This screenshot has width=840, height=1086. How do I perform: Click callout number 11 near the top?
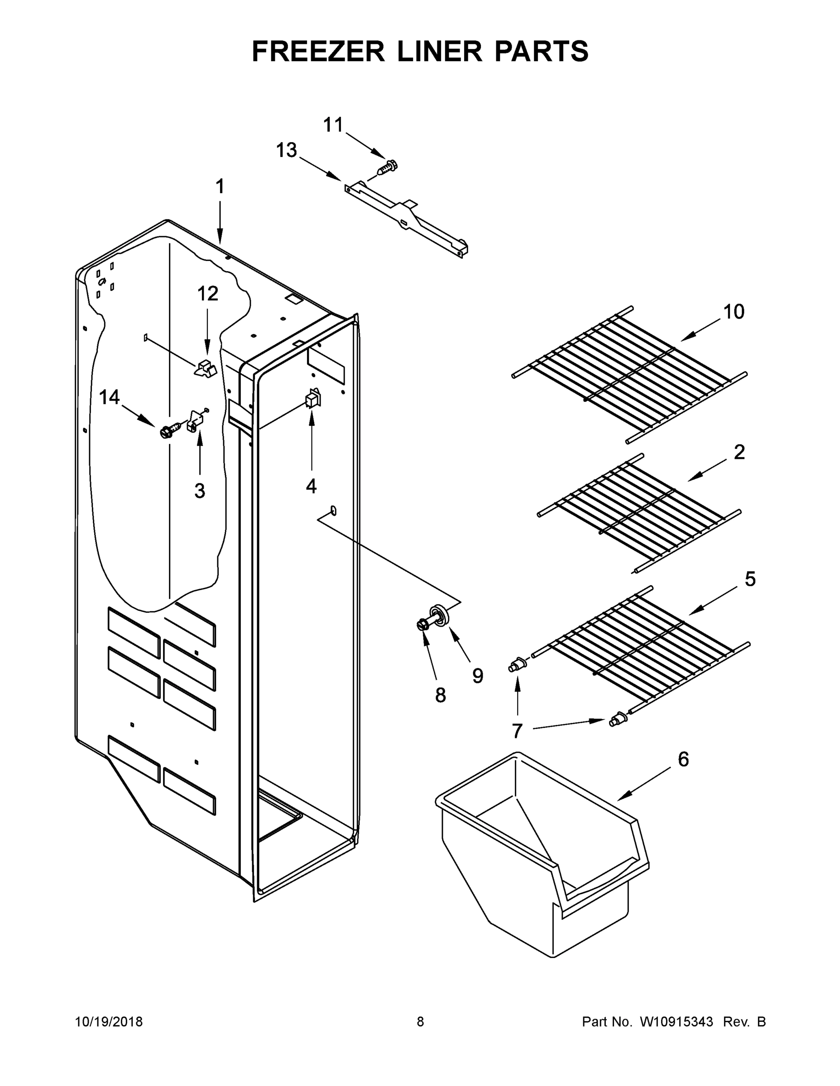pyautogui.click(x=333, y=125)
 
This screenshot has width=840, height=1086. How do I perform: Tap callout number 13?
pyautogui.click(x=287, y=150)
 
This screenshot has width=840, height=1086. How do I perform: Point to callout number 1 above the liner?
pyautogui.click(x=220, y=187)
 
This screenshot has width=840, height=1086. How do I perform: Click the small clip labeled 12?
pyautogui.click(x=206, y=369)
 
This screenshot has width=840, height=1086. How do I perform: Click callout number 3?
pyautogui.click(x=200, y=491)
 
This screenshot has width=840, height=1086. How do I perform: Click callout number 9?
pyautogui.click(x=478, y=675)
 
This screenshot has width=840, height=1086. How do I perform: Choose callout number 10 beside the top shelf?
pyautogui.click(x=734, y=312)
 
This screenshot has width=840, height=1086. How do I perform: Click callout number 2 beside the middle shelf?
pyautogui.click(x=739, y=452)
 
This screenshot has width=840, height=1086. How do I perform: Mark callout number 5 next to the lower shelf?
pyautogui.click(x=750, y=579)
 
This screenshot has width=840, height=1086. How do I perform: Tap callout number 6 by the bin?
pyautogui.click(x=683, y=759)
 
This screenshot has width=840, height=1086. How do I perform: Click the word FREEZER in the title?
pyautogui.click(x=318, y=51)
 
